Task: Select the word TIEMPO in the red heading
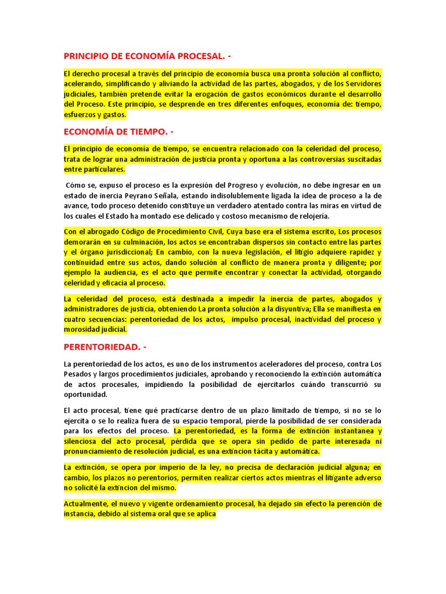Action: click(145, 131)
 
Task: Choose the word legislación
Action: click(253, 252)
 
